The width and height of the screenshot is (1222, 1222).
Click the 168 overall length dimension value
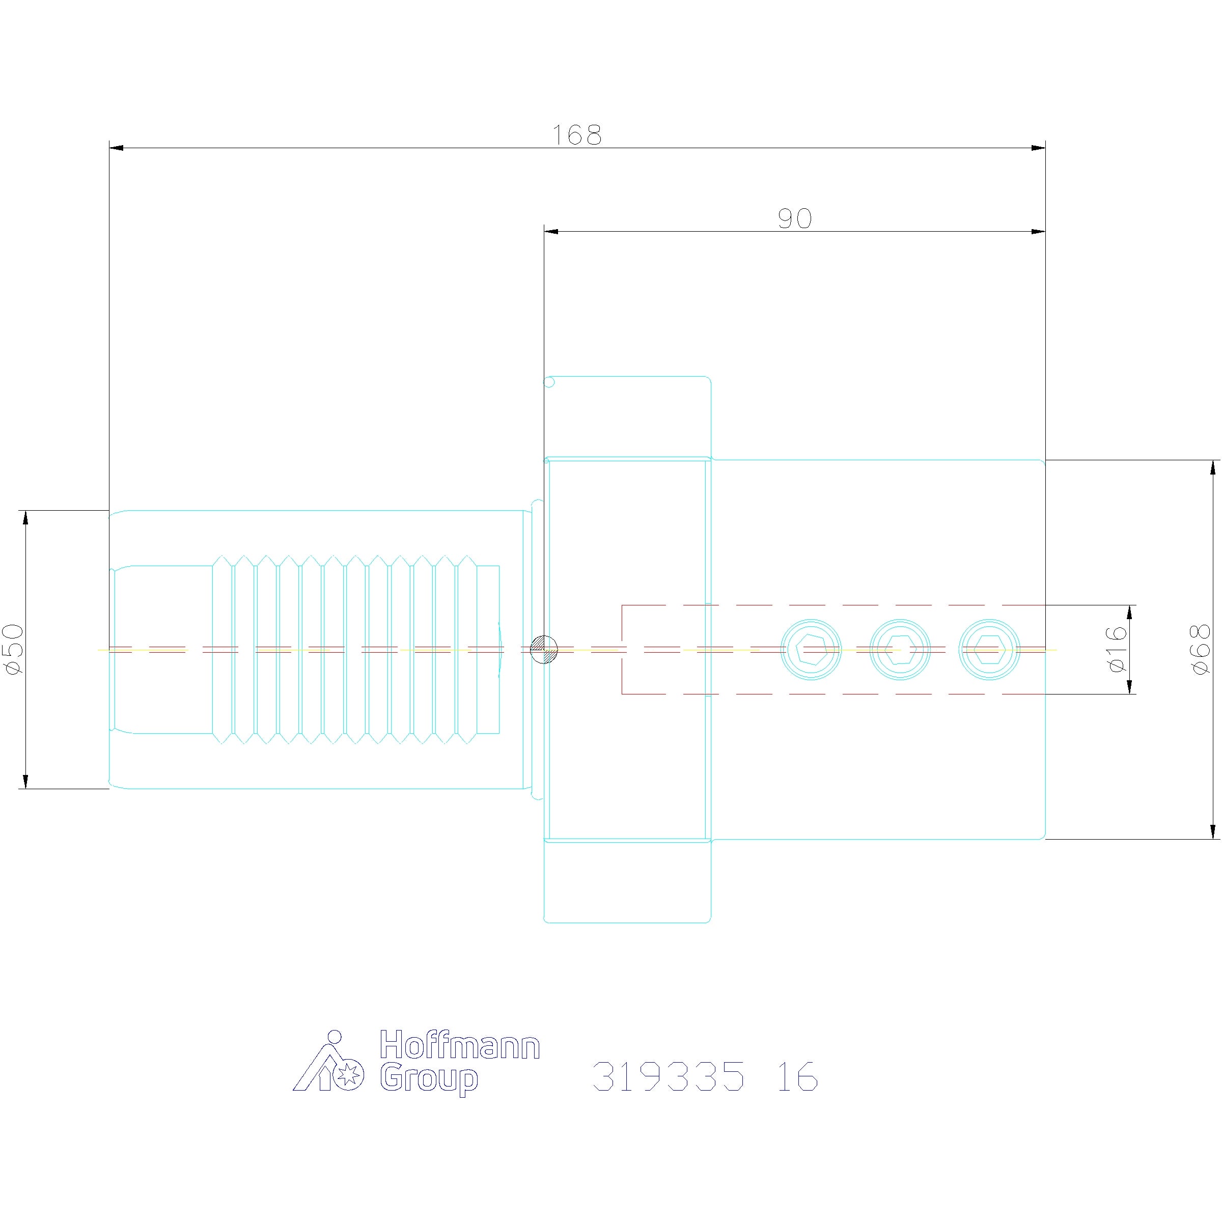[x=577, y=135]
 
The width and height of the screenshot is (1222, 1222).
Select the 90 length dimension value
[x=794, y=219]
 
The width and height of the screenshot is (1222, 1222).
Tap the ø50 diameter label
[x=13, y=649]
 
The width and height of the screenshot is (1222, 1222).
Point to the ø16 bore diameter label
[x=1118, y=649]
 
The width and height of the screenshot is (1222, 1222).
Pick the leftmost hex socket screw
[x=812, y=650]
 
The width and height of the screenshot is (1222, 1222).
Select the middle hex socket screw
[x=900, y=650]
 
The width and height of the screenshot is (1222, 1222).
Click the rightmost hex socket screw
[x=989, y=650]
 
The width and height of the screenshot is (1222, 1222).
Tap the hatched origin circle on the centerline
[x=544, y=650]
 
